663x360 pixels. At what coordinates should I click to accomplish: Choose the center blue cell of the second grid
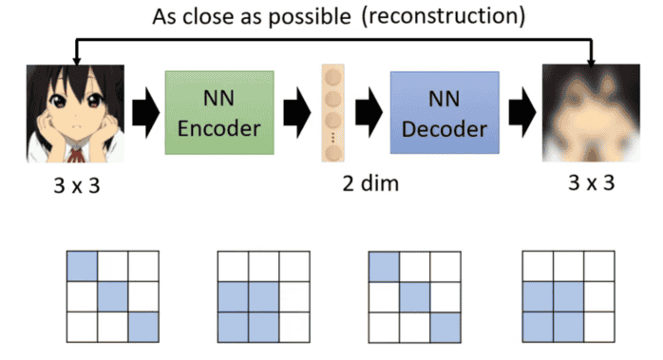pos(263,296)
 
